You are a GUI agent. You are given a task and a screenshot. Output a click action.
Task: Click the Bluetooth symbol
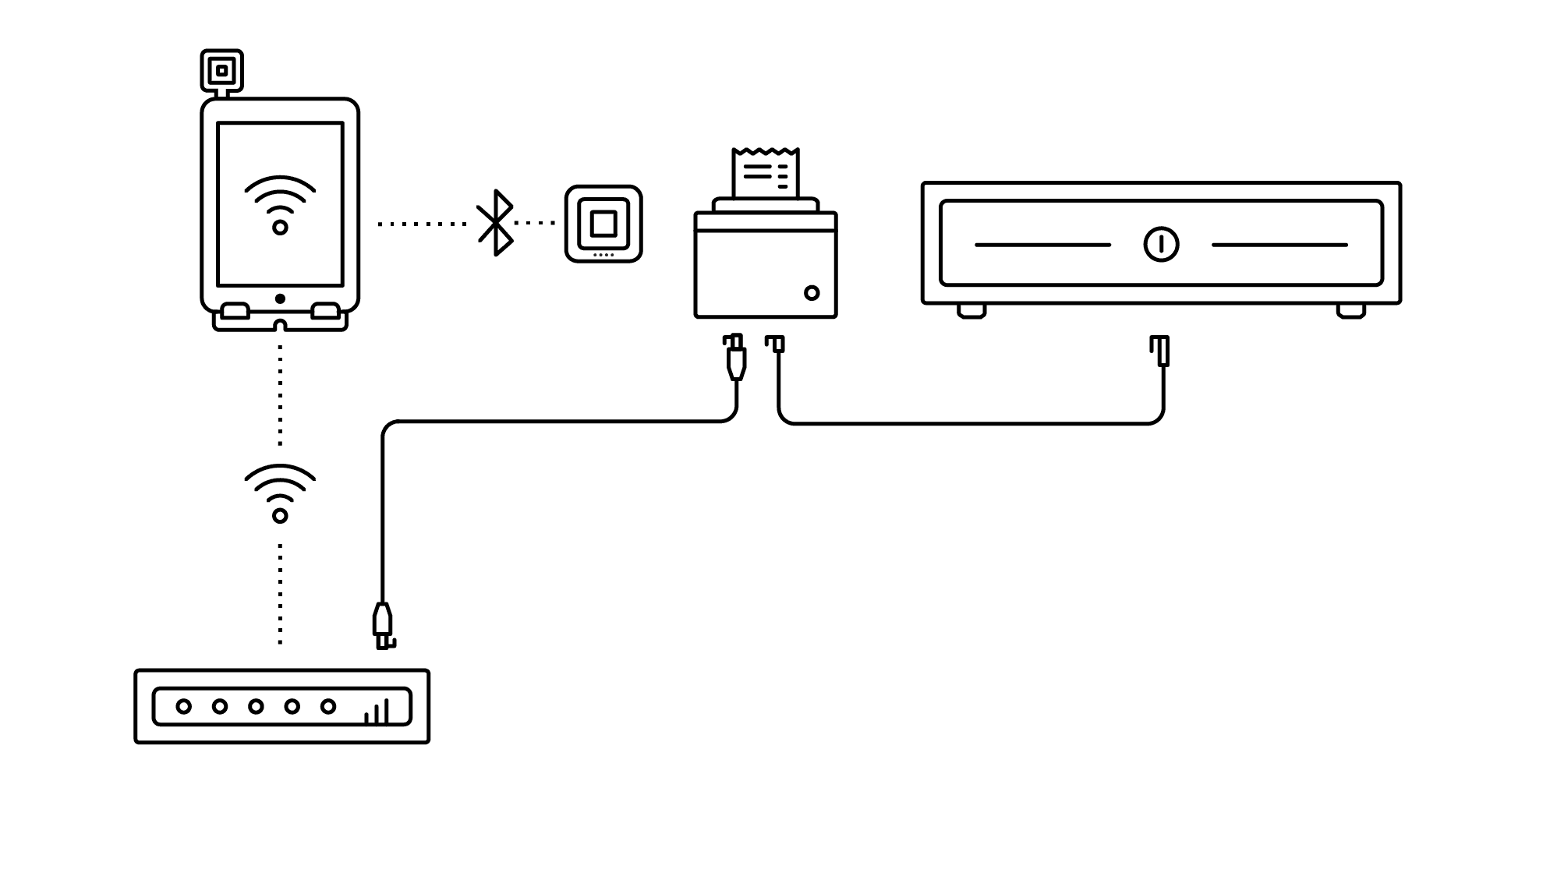pyautogui.click(x=496, y=223)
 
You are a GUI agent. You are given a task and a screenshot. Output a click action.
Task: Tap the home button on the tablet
pyautogui.click(x=280, y=298)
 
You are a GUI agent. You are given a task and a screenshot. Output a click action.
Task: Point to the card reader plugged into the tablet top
pyautogui.click(x=222, y=71)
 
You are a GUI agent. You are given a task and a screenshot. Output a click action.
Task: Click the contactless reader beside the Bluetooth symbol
pyautogui.click(x=603, y=224)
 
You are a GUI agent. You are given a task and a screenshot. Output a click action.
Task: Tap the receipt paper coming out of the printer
pyautogui.click(x=765, y=172)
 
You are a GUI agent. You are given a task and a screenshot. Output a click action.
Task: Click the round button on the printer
pyautogui.click(x=812, y=293)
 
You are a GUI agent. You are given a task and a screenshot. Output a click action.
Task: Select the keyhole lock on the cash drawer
pyautogui.click(x=1161, y=245)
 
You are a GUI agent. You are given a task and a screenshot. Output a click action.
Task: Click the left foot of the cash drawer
pyautogui.click(x=971, y=311)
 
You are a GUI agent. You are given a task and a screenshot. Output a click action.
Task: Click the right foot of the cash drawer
pyautogui.click(x=1351, y=311)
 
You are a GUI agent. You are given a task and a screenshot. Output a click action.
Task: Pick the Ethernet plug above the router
pyautogui.click(x=382, y=625)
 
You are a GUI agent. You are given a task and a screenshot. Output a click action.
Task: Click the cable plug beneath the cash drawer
pyautogui.click(x=1160, y=350)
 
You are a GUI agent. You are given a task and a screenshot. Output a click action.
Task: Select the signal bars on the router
pyautogui.click(x=377, y=712)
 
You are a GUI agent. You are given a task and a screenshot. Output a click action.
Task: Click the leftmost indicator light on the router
pyautogui.click(x=184, y=706)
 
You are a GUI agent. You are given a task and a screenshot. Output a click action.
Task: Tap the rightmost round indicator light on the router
pyautogui.click(x=328, y=706)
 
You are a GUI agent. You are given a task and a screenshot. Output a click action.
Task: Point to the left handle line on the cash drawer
pyautogui.click(x=1042, y=245)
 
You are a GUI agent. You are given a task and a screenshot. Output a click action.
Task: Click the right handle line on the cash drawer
pyautogui.click(x=1279, y=245)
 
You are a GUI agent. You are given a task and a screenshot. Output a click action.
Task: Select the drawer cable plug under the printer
pyautogui.click(x=775, y=344)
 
